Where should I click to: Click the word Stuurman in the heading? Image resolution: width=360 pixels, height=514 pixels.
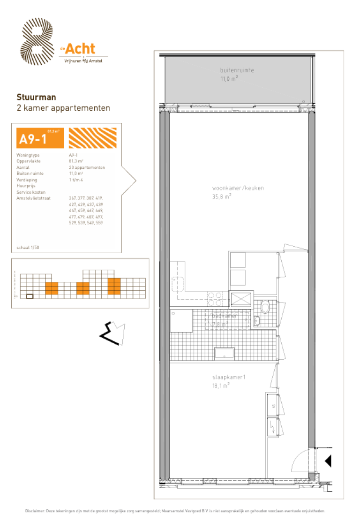point(36,97)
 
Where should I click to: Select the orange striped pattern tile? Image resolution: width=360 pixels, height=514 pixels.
point(92,138)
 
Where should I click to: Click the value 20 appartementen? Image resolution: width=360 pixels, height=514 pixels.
point(87,167)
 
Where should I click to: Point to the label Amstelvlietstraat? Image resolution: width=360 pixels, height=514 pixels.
point(33,198)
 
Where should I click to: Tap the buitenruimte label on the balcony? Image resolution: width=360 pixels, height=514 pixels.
point(237,70)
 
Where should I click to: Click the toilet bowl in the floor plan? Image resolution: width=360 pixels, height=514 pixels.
point(265,307)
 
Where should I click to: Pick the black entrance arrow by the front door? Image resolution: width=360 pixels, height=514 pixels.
point(328,461)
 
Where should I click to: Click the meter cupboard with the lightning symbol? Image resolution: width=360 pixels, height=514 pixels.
point(271,427)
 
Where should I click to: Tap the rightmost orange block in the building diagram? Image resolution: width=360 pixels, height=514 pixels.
point(114,286)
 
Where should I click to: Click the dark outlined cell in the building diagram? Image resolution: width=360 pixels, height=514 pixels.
point(30,296)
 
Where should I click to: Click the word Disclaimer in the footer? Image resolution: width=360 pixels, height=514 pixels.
point(35,511)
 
